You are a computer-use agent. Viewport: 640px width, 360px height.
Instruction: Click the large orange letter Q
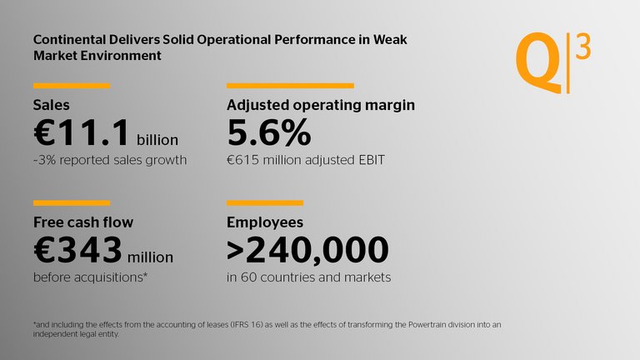pyautogui.click(x=538, y=64)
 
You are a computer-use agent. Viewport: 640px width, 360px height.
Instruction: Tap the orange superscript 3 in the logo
pyautogui.click(x=583, y=49)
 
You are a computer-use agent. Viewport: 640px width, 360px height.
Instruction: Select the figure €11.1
pyautogui.click(x=81, y=132)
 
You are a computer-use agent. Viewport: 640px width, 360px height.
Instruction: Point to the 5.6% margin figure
pyautogui.click(x=269, y=132)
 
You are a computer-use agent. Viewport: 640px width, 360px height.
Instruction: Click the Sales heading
pyautogui.click(x=51, y=106)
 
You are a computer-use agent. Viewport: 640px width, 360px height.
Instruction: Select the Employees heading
pyautogui.click(x=265, y=222)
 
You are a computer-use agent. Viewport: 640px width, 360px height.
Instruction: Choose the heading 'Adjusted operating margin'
pyautogui.click(x=321, y=106)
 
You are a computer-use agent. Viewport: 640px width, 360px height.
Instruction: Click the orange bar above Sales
pyautogui.click(x=72, y=85)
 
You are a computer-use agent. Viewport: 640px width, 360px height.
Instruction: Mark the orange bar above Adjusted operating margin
pyautogui.click(x=290, y=85)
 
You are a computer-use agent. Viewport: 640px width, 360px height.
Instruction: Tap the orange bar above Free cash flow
pyautogui.click(x=72, y=202)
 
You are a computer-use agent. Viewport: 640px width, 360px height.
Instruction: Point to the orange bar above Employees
pyautogui.click(x=264, y=202)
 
